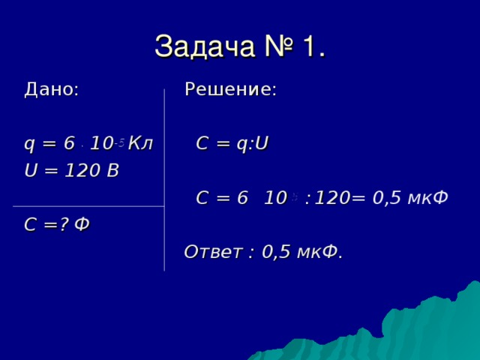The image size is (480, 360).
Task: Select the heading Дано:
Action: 52,90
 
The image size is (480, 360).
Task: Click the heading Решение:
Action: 230,90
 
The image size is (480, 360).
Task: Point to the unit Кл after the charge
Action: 141,142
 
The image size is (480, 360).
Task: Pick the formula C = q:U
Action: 232,142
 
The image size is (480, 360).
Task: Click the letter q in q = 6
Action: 29,144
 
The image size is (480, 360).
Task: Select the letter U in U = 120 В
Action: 31,170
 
